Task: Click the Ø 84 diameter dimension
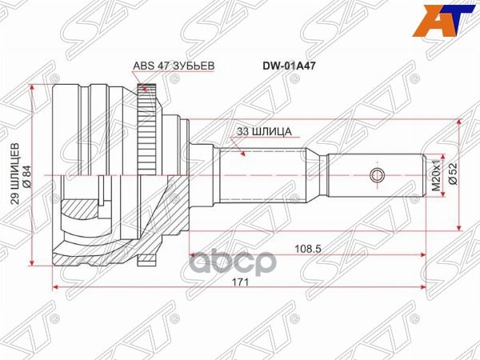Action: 27,174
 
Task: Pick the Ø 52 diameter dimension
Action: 452,174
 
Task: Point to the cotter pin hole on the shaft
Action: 377,174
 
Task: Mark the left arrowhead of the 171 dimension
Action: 54,286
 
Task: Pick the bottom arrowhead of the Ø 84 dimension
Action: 33,262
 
